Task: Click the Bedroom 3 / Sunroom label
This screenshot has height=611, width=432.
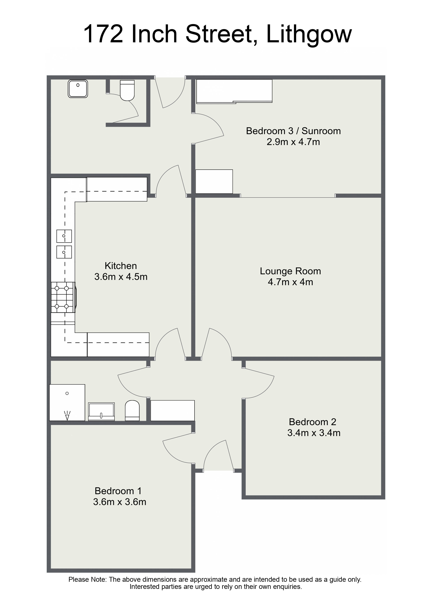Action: [x=293, y=131]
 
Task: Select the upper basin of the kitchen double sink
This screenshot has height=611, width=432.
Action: [x=64, y=236]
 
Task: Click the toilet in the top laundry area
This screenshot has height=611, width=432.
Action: [x=127, y=90]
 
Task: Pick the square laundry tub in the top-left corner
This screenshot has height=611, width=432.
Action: [x=78, y=89]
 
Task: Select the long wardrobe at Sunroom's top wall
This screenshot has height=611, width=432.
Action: [x=234, y=91]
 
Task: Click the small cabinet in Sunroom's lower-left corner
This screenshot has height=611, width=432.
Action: [x=214, y=181]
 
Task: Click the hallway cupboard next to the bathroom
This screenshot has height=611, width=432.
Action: [x=172, y=410]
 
